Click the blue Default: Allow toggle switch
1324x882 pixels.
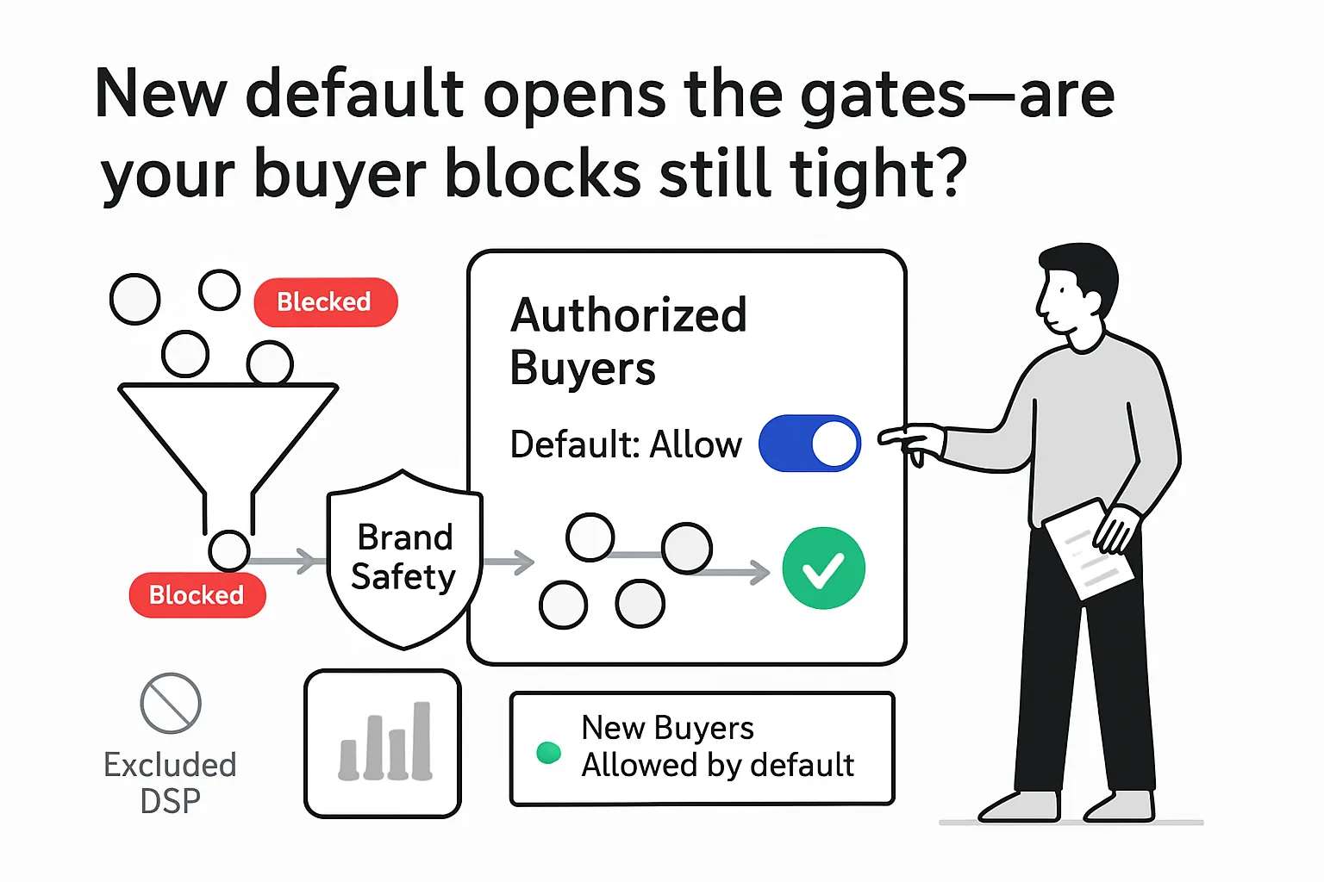[x=809, y=444]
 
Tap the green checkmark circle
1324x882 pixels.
[x=823, y=568]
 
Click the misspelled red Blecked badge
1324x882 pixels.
[x=325, y=302]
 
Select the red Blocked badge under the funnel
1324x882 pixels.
[x=197, y=595]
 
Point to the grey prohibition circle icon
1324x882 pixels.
[x=171, y=703]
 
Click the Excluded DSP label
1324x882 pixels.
[x=170, y=782]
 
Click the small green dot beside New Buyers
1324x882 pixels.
[x=548, y=753]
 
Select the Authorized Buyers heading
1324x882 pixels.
[x=628, y=341]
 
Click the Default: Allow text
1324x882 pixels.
[x=625, y=445]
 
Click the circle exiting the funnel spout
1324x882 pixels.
[x=229, y=550]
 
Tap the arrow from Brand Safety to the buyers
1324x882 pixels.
[x=509, y=563]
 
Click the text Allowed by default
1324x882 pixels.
[x=717, y=765]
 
